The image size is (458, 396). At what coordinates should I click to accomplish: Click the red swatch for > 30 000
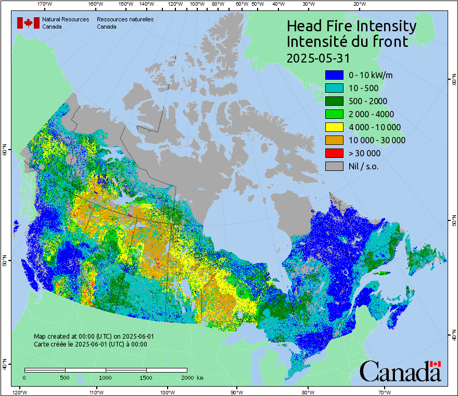pyautogui.click(x=334, y=153)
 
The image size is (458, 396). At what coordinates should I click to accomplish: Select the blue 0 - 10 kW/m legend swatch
pyautogui.click(x=334, y=75)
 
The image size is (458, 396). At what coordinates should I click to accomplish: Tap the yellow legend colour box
pyautogui.click(x=334, y=127)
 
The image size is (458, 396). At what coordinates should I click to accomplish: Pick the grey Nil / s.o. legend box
pyautogui.click(x=334, y=166)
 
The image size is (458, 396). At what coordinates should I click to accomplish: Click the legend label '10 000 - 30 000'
pyautogui.click(x=377, y=140)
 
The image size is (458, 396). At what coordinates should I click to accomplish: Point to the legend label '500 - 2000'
pyautogui.click(x=368, y=101)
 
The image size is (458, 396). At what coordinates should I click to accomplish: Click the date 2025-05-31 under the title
pyautogui.click(x=318, y=57)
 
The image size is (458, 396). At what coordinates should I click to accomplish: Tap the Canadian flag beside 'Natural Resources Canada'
pyautogui.click(x=28, y=22)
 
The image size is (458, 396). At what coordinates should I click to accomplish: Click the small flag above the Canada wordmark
pyautogui.click(x=436, y=364)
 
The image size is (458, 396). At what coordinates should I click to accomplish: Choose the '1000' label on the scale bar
pyautogui.click(x=106, y=377)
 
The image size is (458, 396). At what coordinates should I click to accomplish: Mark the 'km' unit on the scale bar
pyautogui.click(x=200, y=377)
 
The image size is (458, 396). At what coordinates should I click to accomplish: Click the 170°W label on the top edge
pyautogui.click(x=45, y=4)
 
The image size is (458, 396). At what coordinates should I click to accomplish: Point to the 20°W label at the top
pyautogui.click(x=359, y=4)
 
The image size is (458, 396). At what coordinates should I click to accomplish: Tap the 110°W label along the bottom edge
pyautogui.click(x=96, y=392)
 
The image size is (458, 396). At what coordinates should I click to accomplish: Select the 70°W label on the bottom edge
pyautogui.click(x=384, y=392)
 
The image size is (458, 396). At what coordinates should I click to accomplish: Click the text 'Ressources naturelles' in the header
pyautogui.click(x=125, y=19)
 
